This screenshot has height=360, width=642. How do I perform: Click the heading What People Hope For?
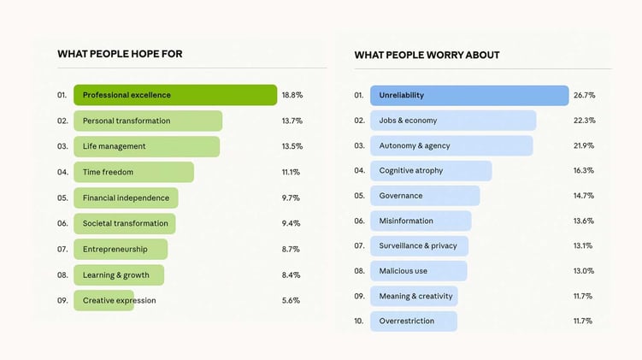click(120, 54)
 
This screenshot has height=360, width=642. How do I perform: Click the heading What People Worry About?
click(427, 55)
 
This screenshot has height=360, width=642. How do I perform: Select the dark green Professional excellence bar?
click(175, 95)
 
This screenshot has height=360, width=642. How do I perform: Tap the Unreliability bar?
click(469, 95)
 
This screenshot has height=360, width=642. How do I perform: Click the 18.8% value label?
click(292, 95)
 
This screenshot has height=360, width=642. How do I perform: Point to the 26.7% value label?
click(585, 95)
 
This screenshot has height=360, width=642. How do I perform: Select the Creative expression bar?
click(104, 300)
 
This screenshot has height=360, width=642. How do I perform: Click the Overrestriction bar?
click(414, 321)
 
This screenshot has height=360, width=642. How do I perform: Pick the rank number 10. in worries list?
click(359, 321)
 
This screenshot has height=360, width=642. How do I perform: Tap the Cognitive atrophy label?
click(411, 170)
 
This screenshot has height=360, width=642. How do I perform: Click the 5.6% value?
click(292, 300)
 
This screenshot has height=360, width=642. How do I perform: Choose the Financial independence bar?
click(126, 198)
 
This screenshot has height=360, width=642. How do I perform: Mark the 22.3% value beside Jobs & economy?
click(585, 121)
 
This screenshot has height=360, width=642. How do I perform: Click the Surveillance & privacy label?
click(418, 245)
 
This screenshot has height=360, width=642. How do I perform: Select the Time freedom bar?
click(133, 172)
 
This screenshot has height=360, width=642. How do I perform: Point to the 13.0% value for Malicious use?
click(585, 271)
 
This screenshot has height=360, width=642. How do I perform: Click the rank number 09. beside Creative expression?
click(62, 300)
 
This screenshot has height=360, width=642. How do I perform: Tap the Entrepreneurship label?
click(115, 249)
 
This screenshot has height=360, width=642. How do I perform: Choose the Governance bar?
click(425, 195)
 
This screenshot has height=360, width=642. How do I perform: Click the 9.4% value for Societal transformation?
click(292, 223)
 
